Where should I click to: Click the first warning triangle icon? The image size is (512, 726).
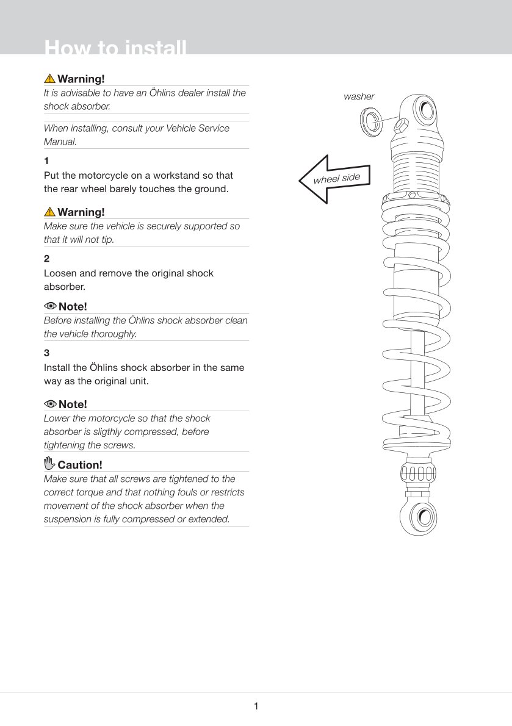(49, 79)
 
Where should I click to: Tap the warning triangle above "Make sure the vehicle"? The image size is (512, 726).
(49, 212)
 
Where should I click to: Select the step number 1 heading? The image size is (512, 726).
(46, 162)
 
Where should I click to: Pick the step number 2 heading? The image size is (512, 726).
(46, 259)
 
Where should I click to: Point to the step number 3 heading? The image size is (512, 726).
(46, 353)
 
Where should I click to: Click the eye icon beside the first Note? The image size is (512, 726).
(50, 306)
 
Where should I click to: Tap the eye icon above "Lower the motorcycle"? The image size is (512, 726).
(50, 404)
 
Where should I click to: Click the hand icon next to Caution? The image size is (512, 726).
(50, 464)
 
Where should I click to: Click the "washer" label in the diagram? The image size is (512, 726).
(359, 96)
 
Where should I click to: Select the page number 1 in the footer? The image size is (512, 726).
(256, 706)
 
